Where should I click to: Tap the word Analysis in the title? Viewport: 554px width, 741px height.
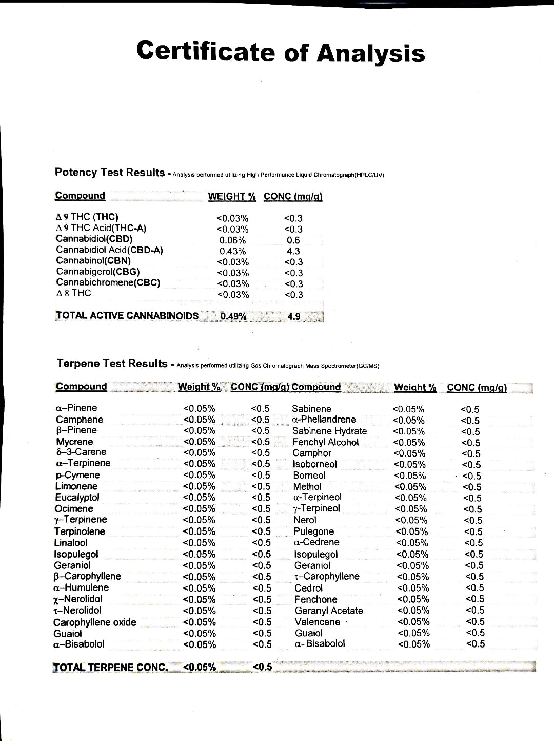tap(371, 53)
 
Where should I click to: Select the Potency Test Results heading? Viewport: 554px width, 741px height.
tap(110, 172)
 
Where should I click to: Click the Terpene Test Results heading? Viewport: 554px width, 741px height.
tap(112, 364)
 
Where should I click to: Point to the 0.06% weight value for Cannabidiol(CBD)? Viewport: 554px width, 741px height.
tap(232, 240)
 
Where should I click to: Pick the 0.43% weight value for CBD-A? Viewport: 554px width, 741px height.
tap(232, 251)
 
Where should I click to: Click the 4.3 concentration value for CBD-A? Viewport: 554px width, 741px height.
tap(293, 252)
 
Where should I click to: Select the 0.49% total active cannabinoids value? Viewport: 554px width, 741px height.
tap(233, 316)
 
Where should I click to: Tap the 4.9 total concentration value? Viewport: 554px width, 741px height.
tap(294, 316)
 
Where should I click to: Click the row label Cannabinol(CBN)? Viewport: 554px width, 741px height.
tap(93, 260)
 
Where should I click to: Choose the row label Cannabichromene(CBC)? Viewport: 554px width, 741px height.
tap(108, 282)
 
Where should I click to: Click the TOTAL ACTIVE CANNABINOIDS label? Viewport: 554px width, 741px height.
tap(127, 315)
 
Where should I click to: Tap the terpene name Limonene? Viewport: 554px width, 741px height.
tap(76, 486)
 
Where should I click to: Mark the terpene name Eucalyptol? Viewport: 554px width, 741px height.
tap(77, 497)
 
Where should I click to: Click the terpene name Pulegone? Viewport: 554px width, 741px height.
tap(313, 531)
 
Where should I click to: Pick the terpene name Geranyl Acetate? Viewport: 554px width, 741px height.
tap(329, 611)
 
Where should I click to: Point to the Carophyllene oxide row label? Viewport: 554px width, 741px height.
tap(95, 622)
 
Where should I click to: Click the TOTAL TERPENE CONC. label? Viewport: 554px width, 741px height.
tap(111, 668)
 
